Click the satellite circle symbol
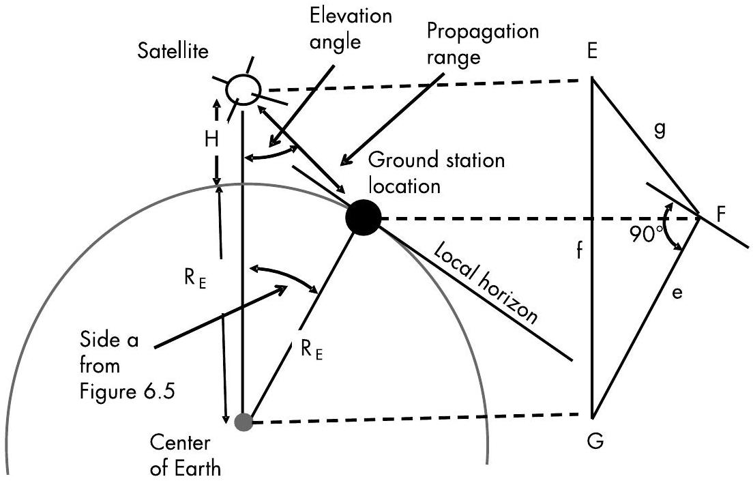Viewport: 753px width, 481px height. (243, 89)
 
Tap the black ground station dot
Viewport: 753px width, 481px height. (361, 218)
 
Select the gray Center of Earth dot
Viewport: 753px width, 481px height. (243, 422)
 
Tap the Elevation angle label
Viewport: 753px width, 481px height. (362, 28)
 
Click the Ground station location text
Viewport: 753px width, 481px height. (437, 173)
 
